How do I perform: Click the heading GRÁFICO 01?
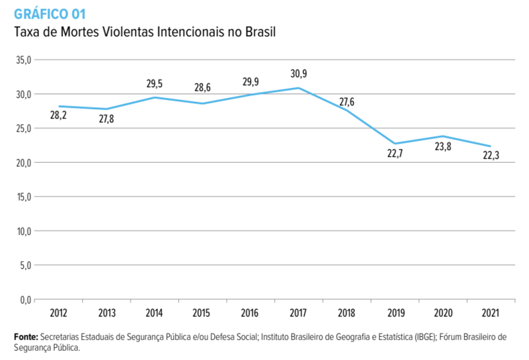pyautogui.click(x=50, y=12)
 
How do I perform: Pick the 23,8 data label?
pyautogui.click(x=442, y=148)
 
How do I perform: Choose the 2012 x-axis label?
pyautogui.click(x=58, y=312)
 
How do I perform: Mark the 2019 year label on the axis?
pyautogui.click(x=395, y=312)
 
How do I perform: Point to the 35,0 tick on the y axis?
pyautogui.click(x=23, y=60)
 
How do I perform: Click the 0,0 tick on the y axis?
pyautogui.click(x=25, y=300)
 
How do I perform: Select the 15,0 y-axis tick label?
pyautogui.click(x=23, y=197)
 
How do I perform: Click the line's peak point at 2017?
pyautogui.click(x=299, y=88)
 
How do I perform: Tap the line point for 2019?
pyautogui.click(x=395, y=144)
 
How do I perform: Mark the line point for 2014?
pyautogui.click(x=154, y=97)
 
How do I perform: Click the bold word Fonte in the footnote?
pyautogui.click(x=26, y=337)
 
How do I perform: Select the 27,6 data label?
pyautogui.click(x=346, y=102)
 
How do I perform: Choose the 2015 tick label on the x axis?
pyautogui.click(x=202, y=312)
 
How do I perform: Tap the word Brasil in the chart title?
pyautogui.click(x=259, y=31)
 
